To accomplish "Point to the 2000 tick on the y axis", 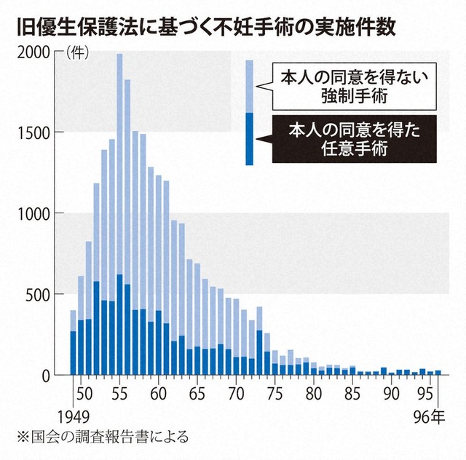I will [32, 52].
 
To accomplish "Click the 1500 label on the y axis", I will [32, 132].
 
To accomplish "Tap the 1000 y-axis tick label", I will [32, 213].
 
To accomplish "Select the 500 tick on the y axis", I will [37, 294].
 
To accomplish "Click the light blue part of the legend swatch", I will [249, 86].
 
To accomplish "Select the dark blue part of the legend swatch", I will [249, 138].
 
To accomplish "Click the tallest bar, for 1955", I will [119, 218].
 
